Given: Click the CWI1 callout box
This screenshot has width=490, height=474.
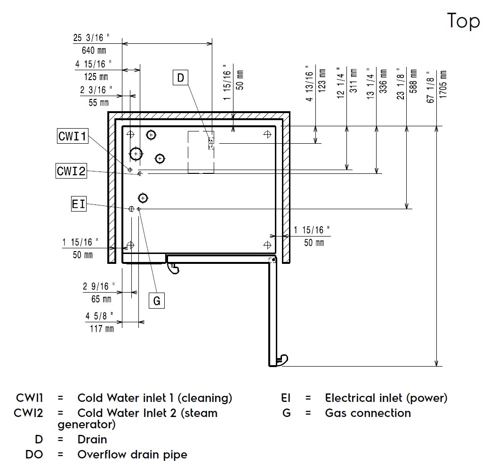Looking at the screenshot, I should (72, 136).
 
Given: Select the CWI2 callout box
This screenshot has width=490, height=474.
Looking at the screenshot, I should (71, 171).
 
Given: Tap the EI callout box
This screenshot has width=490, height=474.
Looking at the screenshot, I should (79, 204).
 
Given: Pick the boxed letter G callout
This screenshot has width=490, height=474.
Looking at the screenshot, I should (157, 300).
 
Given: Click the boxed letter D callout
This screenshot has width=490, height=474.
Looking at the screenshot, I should (181, 77).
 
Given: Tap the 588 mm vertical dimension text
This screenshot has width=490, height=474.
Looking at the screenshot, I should (414, 82).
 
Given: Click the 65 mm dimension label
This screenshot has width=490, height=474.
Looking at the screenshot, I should (101, 298).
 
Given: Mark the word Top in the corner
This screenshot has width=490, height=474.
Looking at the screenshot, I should (463, 21).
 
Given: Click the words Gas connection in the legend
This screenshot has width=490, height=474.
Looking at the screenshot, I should (368, 413).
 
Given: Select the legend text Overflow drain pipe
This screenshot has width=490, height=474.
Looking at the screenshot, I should (132, 455).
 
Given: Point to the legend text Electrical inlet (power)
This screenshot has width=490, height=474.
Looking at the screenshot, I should (386, 398).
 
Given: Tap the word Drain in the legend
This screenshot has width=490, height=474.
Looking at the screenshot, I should (92, 440).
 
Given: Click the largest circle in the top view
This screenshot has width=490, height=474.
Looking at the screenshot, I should (136, 154).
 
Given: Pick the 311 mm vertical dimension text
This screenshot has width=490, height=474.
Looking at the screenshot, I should (354, 81).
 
